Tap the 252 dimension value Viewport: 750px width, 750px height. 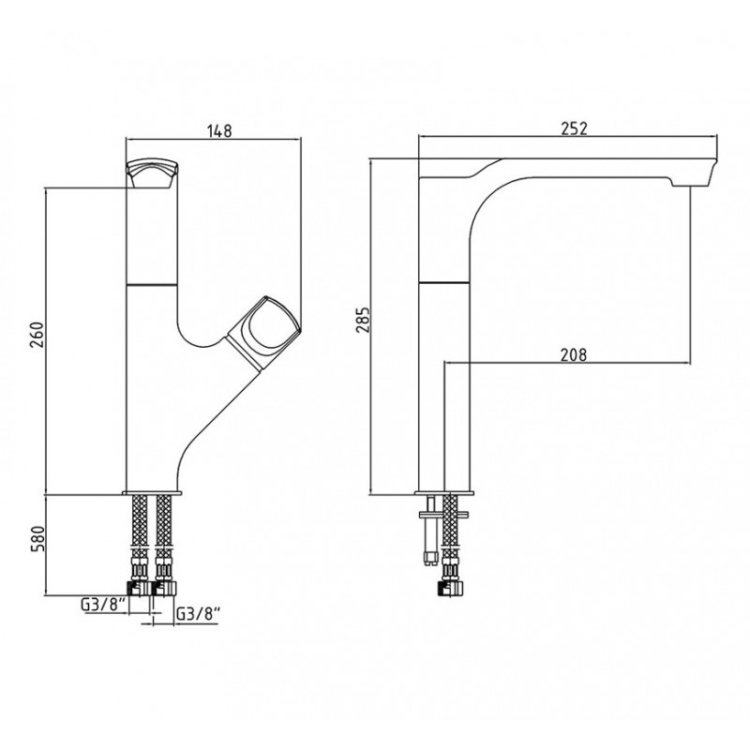[x=574, y=128]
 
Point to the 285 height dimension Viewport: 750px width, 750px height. [x=362, y=320]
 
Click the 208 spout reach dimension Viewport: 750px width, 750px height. [x=573, y=355]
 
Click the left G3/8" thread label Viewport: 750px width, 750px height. [x=103, y=605]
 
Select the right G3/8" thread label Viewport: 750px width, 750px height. [x=198, y=614]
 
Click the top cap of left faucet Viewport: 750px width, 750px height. [x=152, y=173]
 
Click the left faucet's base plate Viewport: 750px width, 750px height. [x=152, y=493]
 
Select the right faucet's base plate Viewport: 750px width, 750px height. [x=444, y=493]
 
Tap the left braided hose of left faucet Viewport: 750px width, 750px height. [x=139, y=525]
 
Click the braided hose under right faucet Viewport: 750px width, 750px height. [x=451, y=527]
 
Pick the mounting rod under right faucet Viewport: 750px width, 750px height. [x=431, y=530]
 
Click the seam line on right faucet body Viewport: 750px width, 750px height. [x=443, y=283]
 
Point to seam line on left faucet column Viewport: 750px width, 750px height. [x=152, y=285]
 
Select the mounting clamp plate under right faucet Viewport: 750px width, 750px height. [x=443, y=515]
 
